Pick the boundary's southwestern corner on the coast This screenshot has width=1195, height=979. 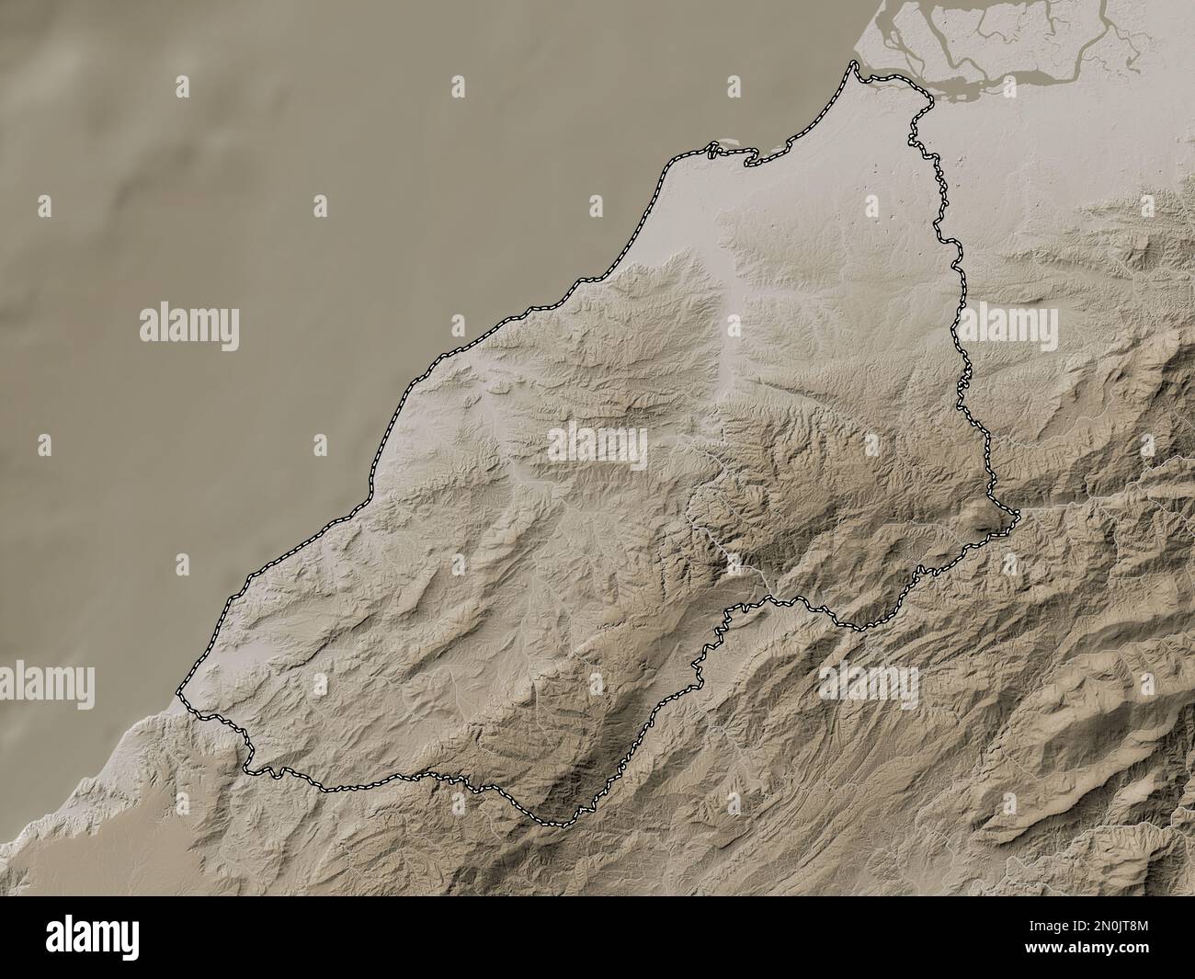(x=178, y=691)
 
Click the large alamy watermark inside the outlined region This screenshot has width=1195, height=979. (x=597, y=448)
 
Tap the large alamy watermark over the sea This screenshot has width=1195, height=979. (x=189, y=326)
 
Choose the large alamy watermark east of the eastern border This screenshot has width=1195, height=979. (x=1008, y=325)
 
